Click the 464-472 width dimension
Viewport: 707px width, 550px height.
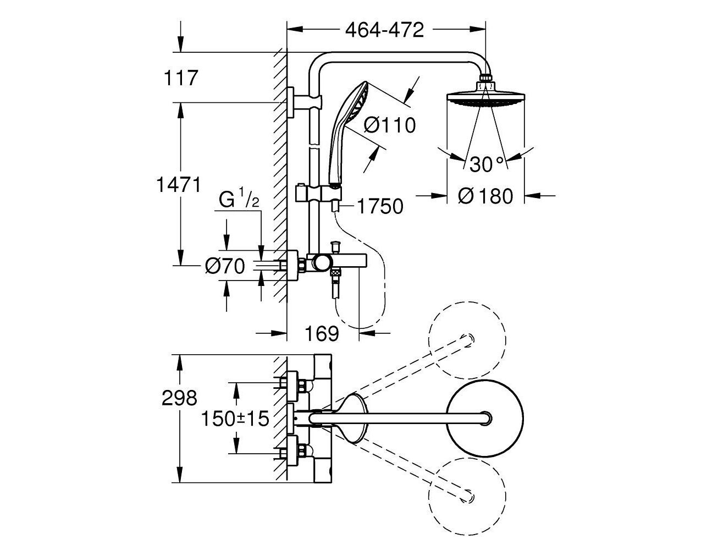coord(384,30)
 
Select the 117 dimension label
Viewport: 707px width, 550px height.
coord(181,78)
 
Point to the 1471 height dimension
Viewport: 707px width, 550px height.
coord(179,185)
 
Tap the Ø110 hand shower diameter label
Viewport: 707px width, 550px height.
coord(389,125)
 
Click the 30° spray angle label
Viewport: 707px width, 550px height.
coord(487,164)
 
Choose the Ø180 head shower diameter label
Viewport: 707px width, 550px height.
coord(485,196)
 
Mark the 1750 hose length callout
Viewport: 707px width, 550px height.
coord(380,206)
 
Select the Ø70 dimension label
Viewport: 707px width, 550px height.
coord(225,266)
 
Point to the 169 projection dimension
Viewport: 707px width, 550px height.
coord(322,334)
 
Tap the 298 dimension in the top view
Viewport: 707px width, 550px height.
coord(179,398)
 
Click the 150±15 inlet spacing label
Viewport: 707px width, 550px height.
coord(235,418)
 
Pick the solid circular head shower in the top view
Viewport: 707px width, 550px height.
coord(484,419)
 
